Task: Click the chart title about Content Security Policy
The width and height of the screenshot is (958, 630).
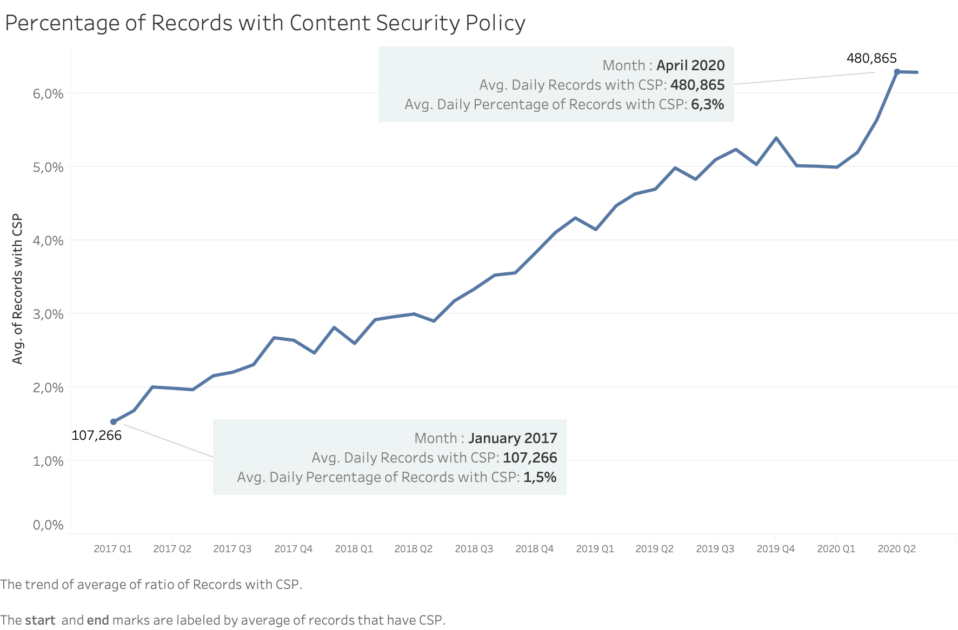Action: click(x=265, y=23)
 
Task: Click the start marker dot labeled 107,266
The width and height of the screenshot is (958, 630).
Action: click(x=114, y=422)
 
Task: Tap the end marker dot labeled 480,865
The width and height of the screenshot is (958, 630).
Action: click(x=897, y=72)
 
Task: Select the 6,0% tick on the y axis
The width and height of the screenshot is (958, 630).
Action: click(x=48, y=94)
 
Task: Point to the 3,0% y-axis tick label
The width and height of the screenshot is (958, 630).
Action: click(x=48, y=314)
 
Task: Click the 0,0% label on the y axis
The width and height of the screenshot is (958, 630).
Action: click(x=48, y=525)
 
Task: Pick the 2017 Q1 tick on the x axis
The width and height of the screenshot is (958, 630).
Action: click(x=112, y=549)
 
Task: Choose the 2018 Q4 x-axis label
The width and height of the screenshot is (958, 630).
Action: click(x=534, y=549)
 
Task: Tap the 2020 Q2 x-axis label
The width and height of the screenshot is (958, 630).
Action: click(x=896, y=549)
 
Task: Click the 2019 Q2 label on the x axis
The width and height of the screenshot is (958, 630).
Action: click(x=654, y=549)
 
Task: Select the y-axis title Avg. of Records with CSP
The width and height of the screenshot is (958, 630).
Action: click(x=17, y=289)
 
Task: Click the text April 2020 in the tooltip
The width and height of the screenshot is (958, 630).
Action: click(x=690, y=65)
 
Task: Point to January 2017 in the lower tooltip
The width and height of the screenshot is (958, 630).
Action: click(x=513, y=438)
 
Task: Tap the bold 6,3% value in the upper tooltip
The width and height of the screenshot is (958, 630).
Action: click(x=707, y=104)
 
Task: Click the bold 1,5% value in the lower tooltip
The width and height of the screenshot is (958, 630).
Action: click(x=540, y=477)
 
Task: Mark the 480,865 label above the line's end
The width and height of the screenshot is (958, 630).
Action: click(x=871, y=58)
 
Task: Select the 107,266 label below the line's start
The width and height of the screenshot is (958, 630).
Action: click(x=96, y=435)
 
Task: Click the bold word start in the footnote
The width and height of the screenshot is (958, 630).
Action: click(x=40, y=620)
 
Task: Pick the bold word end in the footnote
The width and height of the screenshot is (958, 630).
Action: click(x=98, y=620)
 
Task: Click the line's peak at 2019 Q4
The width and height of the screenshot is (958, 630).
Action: click(x=776, y=138)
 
